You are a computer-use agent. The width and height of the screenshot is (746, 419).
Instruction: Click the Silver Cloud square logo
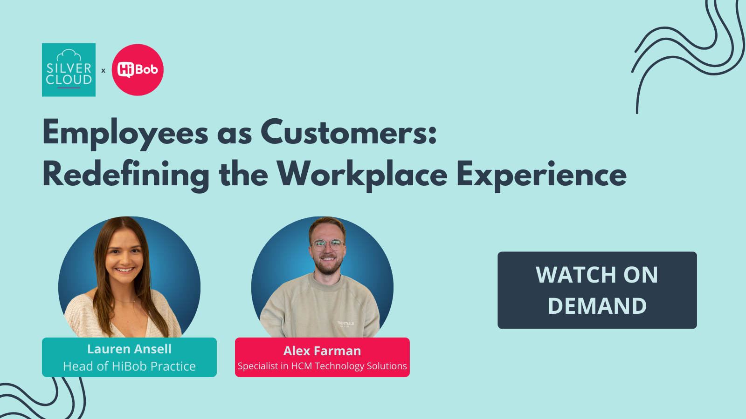(x=69, y=70)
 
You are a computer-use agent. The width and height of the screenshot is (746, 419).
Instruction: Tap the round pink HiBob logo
(x=138, y=70)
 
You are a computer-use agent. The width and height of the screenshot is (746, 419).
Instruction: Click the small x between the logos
(x=103, y=70)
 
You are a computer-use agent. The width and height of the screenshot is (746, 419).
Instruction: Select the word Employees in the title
(x=125, y=134)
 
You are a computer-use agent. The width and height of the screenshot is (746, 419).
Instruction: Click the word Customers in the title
(x=348, y=132)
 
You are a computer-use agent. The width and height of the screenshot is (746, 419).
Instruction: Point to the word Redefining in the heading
(x=126, y=176)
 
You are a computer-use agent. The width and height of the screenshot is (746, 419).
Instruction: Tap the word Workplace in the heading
(x=362, y=176)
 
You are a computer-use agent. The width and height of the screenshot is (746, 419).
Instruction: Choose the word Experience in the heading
(x=541, y=176)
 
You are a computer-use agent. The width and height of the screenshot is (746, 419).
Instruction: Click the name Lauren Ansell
(x=129, y=349)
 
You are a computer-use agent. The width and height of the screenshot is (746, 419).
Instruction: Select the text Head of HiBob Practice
(x=129, y=366)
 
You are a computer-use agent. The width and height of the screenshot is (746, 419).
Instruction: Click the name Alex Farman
(x=322, y=351)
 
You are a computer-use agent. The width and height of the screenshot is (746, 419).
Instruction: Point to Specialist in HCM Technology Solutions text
(x=322, y=366)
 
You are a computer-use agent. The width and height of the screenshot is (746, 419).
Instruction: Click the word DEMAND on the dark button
(x=597, y=305)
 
